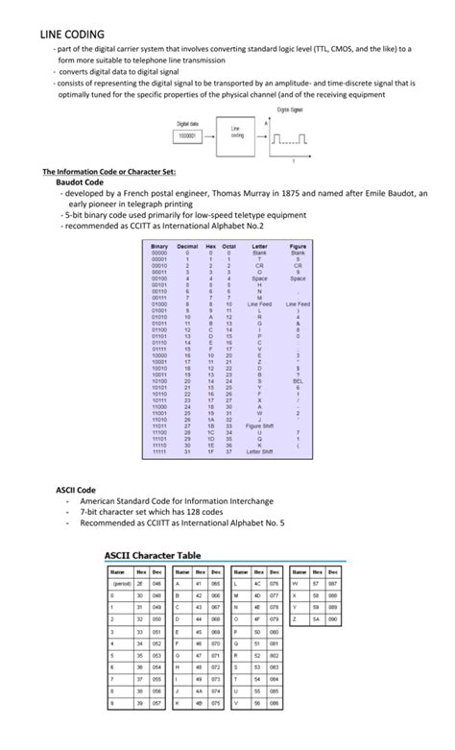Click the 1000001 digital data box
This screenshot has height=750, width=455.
187,136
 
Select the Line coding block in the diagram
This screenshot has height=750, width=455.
236,132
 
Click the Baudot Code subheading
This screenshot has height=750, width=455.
80,181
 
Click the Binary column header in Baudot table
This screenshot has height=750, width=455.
159,246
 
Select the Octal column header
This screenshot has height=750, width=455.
229,246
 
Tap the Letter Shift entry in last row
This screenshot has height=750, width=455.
259,451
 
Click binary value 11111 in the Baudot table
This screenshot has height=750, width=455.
159,451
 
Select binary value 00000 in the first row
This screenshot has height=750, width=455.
159,253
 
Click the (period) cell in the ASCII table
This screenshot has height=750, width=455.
122,582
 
